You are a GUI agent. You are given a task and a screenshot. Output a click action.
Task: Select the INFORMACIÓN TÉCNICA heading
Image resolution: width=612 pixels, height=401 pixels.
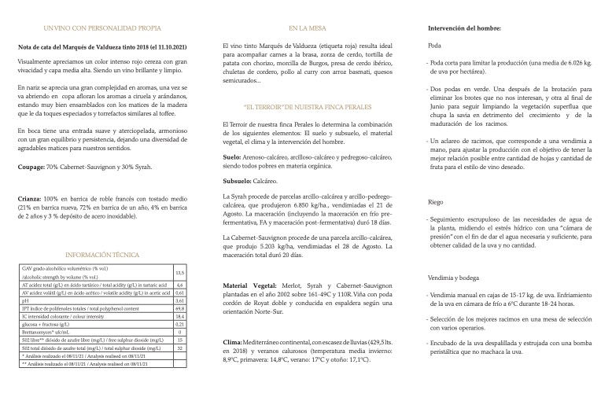pos(103,255)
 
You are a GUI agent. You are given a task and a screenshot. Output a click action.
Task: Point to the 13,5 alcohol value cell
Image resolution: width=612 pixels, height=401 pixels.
pos(179,273)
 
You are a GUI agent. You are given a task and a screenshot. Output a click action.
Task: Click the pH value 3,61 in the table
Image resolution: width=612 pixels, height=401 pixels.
pos(179,301)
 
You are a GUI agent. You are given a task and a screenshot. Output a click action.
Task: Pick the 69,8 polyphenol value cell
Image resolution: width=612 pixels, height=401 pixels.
pos(179,309)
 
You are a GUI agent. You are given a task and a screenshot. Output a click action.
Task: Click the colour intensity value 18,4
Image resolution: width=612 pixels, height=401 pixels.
pos(179,317)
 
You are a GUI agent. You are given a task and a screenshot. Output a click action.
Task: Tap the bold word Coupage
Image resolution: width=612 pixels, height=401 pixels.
pos(32,167)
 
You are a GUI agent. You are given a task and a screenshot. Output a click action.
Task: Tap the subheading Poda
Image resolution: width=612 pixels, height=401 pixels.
pos(435,45)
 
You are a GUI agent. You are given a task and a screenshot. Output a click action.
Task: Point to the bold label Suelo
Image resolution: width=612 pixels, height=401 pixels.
pos(233,156)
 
